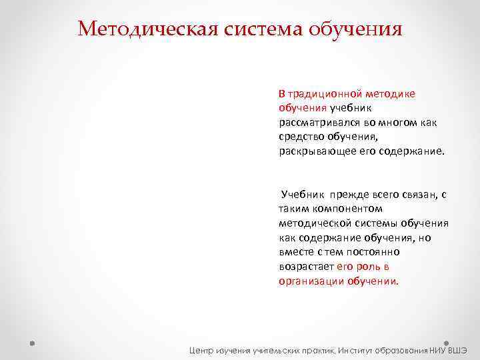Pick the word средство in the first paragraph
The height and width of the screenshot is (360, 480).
coord(299,136)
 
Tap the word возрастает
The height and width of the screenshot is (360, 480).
coord(307,266)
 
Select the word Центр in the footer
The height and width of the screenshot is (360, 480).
coord(201,349)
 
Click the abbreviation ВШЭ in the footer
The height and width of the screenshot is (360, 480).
coord(457,349)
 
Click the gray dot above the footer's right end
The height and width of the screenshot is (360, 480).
coord(445,337)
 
